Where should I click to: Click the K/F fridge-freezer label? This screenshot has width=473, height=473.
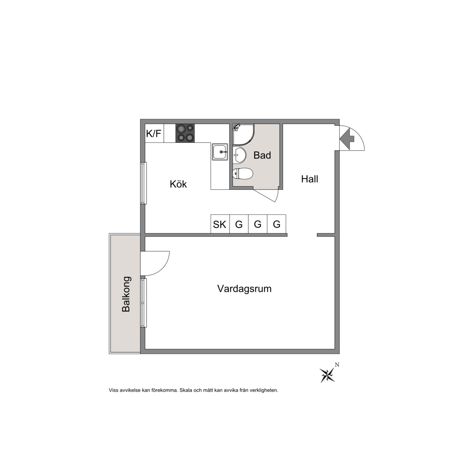(154, 133)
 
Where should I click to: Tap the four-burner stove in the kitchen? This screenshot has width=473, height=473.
(185, 133)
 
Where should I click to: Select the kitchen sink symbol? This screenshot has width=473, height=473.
(220, 152)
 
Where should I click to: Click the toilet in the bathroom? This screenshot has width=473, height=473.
(243, 173)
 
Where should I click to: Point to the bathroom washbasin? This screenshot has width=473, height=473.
(239, 155)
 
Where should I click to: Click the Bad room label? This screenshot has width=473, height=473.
(262, 155)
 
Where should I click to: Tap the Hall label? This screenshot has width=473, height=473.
(310, 179)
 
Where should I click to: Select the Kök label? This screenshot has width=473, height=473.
(178, 184)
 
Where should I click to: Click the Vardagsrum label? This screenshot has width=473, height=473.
(244, 289)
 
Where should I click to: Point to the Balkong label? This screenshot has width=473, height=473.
(126, 294)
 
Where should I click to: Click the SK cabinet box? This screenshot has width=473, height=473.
(220, 224)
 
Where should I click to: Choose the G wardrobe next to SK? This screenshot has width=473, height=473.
(239, 224)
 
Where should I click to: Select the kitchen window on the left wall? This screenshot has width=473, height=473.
(144, 183)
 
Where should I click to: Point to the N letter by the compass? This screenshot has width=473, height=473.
(337, 365)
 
